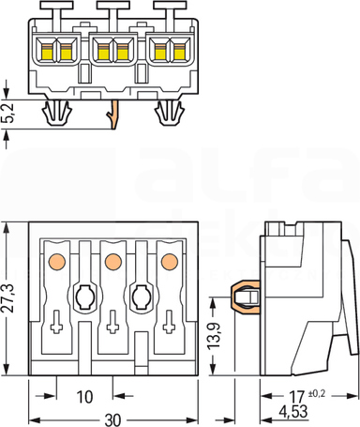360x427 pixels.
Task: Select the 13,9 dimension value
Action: click(x=214, y=335)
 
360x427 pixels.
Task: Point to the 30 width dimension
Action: click(x=112, y=420)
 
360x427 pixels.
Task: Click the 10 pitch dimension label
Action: click(x=84, y=397)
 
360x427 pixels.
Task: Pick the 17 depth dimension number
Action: click(x=297, y=397)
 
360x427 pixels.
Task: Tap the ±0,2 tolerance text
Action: click(x=317, y=393)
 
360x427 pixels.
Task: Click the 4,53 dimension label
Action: click(x=293, y=411)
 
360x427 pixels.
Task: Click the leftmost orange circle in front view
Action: click(x=57, y=262)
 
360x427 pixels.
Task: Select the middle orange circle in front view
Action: click(x=113, y=262)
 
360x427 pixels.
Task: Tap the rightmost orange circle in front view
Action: click(x=170, y=262)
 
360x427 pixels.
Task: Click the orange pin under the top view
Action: click(x=113, y=114)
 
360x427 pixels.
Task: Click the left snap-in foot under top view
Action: click(x=57, y=113)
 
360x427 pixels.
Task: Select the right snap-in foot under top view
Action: click(x=169, y=113)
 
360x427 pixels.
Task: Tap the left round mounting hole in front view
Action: click(x=84, y=297)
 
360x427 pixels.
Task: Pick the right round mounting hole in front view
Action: click(x=142, y=297)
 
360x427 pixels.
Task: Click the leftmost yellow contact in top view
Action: click(x=47, y=52)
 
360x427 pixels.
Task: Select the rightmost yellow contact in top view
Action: click(x=179, y=52)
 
